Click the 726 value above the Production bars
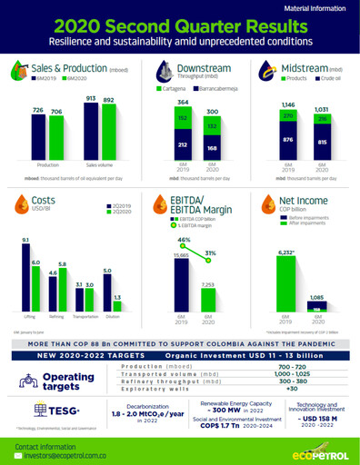(39, 110)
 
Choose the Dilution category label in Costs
(109, 317)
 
